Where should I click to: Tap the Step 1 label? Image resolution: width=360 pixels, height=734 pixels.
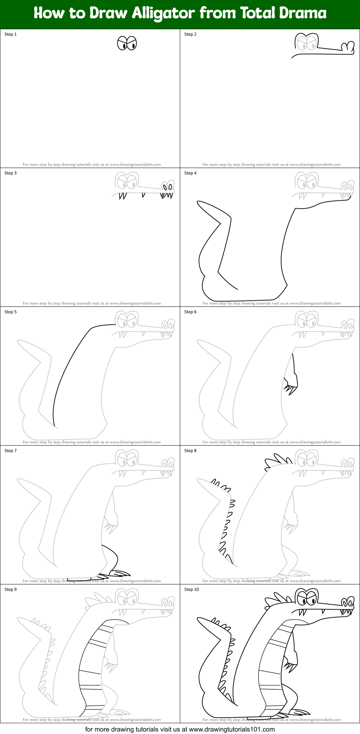(x=10, y=34)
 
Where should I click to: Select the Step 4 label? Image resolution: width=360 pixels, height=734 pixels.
(x=190, y=173)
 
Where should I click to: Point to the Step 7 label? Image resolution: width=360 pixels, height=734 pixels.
(x=10, y=451)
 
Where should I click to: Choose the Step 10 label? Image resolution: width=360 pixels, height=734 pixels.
(x=191, y=589)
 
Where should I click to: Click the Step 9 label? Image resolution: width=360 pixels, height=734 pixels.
(x=10, y=589)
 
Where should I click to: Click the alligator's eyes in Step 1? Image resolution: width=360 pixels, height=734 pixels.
(x=127, y=43)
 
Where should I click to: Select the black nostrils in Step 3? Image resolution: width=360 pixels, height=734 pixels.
(x=168, y=187)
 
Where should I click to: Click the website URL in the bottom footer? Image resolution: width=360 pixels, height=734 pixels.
(x=232, y=729)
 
